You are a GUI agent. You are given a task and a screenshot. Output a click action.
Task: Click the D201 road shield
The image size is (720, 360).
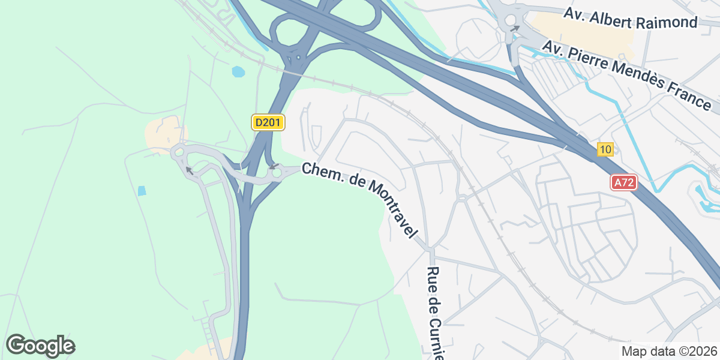coord(268,123)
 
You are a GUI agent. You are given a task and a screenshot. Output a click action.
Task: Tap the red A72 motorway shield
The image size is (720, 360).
coord(623,183)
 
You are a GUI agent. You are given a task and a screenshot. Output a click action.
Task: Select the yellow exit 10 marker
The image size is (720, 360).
coord(605,150)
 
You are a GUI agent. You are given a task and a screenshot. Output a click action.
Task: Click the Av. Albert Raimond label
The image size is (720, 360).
coord(631,18)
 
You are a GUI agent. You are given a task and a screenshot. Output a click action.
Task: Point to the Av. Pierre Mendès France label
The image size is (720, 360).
coord(626,75)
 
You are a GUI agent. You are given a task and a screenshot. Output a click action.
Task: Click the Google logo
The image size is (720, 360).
coord(40,346)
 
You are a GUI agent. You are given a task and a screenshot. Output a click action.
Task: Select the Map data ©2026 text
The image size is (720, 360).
coord(668,351)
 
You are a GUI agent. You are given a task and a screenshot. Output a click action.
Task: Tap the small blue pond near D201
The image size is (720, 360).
coord(238,72)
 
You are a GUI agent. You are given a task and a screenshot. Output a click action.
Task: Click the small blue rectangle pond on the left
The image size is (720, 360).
coord(142,191)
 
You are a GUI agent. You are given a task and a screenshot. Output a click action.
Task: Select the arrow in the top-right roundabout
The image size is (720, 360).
coord(515,28)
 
